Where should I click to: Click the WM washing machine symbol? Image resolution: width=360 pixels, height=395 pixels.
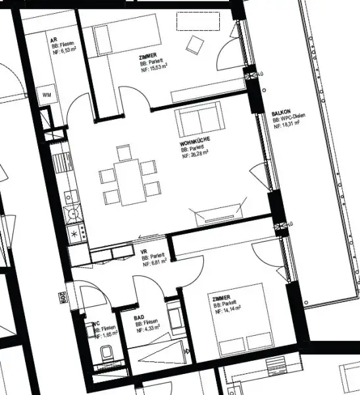point(46,95)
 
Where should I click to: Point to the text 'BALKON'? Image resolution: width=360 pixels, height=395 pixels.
point(281,114)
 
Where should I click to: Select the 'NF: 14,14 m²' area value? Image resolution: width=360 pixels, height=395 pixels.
point(227,311)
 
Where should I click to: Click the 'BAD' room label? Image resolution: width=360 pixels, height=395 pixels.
point(139,317)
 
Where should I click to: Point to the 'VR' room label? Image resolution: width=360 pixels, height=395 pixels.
point(144,251)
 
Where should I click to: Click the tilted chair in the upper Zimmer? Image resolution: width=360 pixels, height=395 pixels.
point(195,45)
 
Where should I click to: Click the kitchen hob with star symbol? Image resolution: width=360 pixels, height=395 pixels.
point(74,232)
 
